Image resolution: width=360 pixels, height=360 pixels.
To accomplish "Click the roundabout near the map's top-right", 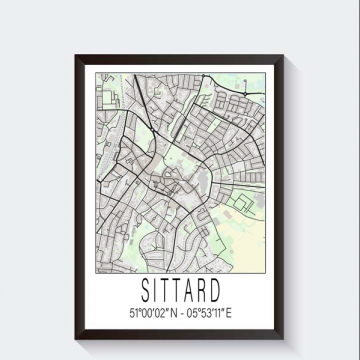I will pos(248,77).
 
